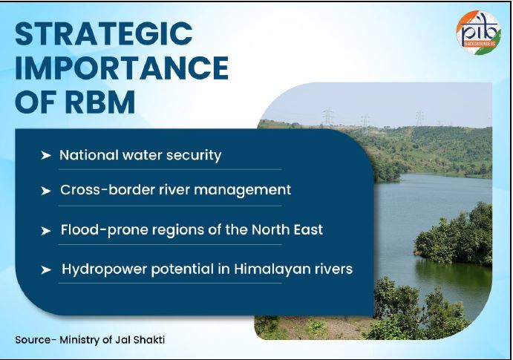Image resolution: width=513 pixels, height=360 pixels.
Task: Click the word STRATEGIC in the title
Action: (x=104, y=34)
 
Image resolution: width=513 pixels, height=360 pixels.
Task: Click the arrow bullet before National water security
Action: (x=46, y=156)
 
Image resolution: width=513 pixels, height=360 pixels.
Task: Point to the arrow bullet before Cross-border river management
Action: (x=46, y=191)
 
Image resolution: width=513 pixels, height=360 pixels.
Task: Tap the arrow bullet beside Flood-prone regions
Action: (x=46, y=231)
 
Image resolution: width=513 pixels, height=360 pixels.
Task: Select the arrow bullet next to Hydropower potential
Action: (x=46, y=269)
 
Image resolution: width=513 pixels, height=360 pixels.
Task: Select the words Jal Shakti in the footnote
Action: (x=146, y=339)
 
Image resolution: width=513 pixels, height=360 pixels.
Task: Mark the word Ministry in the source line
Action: (x=86, y=339)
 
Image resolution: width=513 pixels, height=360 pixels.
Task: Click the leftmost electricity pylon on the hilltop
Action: (x=327, y=117)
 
